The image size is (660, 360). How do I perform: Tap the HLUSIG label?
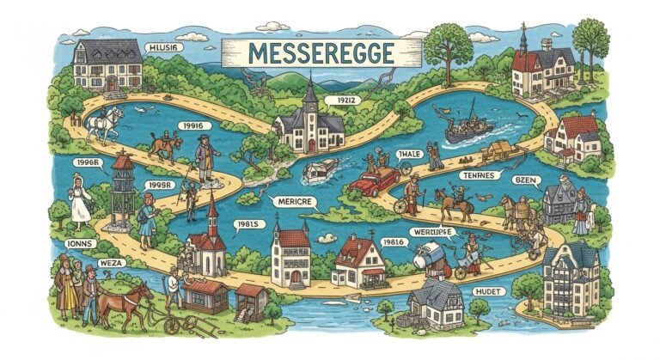pos(162,49)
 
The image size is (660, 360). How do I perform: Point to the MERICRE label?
pos(294,200)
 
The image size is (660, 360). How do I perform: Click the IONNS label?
pos(79,243)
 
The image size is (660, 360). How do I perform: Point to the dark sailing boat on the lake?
pos(469,125)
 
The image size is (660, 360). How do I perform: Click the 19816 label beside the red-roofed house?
pos(394,243)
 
